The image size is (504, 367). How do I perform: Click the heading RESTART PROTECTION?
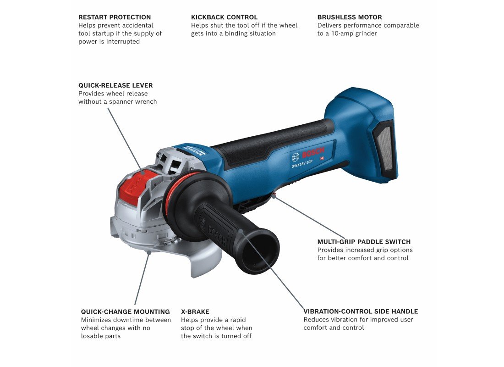115,17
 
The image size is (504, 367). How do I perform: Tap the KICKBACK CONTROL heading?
225,17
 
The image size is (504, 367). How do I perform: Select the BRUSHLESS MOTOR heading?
350,17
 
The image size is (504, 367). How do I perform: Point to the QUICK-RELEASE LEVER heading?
116,85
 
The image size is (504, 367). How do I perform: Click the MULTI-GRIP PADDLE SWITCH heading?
364,242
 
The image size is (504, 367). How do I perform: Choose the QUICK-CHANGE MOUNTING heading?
126,311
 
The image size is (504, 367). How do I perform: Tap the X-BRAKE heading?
195,311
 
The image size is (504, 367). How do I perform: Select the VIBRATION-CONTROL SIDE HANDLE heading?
361,311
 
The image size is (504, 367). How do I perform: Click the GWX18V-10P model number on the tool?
302,164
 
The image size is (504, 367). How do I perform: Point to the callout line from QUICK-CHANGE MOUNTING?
142,278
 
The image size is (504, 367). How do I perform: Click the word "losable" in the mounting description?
91,336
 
